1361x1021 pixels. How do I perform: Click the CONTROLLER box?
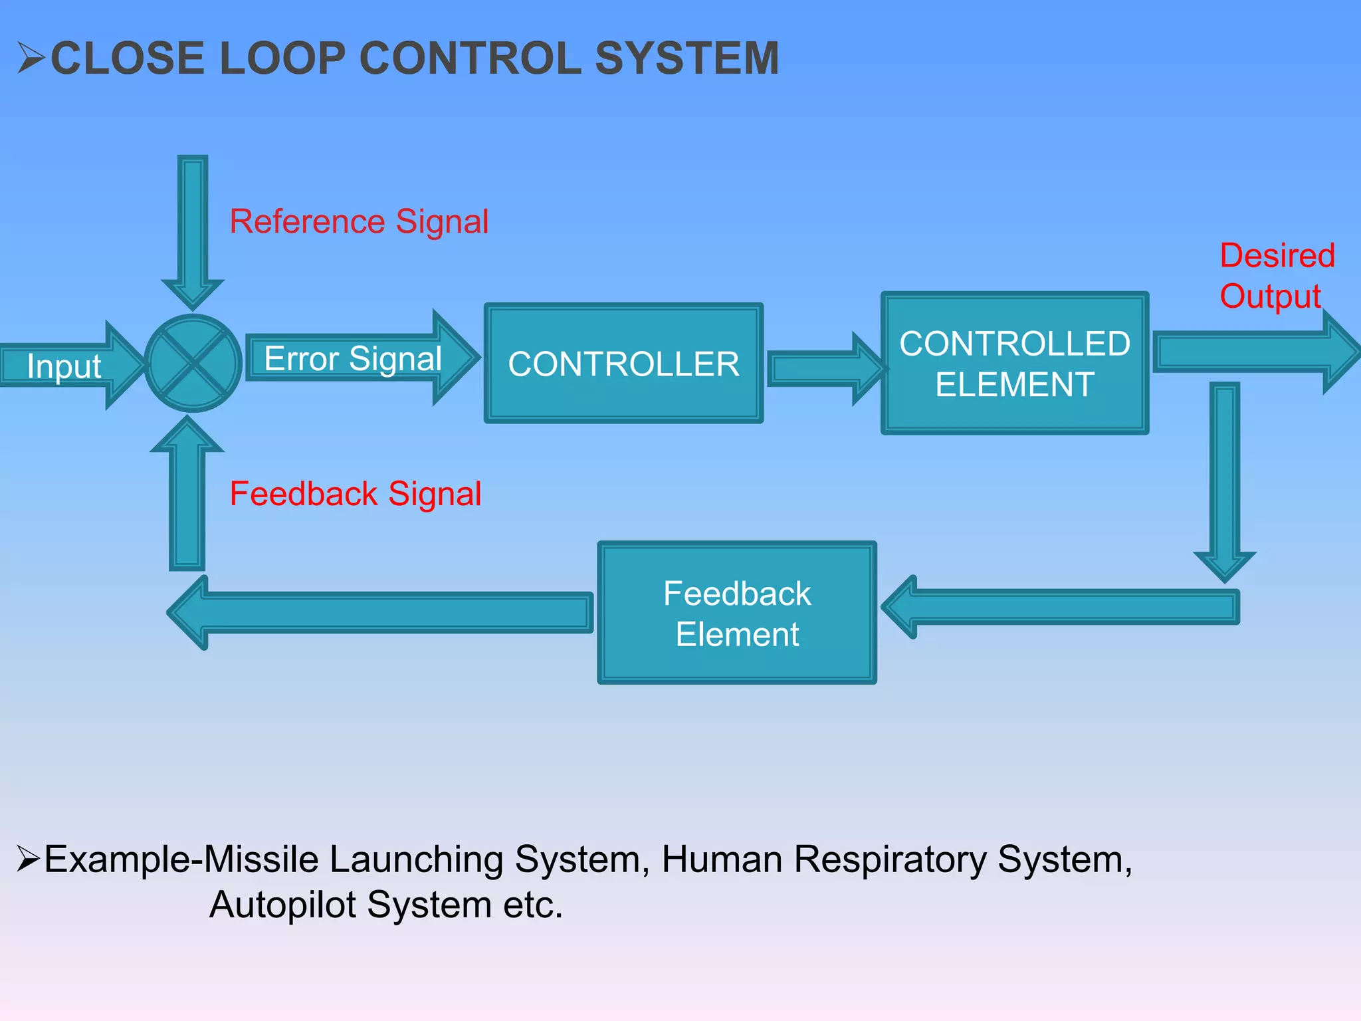pos(623,364)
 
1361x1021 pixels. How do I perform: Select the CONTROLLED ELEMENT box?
pos(1015,364)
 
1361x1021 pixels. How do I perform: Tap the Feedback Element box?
pos(737,613)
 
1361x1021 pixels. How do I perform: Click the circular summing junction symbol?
pos(193,364)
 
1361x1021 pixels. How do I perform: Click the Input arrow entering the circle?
pos(66,366)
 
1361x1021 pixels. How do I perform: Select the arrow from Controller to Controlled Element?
pos(824,369)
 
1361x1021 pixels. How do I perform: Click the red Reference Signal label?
pos(359,221)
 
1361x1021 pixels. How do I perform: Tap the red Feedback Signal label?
pos(355,494)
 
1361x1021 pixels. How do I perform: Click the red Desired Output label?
pos(1276,276)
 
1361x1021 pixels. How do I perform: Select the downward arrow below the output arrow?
pos(1225,479)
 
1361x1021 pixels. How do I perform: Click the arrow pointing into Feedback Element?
pos(1063,607)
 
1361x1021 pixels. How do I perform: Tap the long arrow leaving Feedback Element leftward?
pos(385,612)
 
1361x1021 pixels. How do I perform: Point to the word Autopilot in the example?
pos(283,905)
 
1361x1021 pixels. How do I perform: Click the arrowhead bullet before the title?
pos(31,58)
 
